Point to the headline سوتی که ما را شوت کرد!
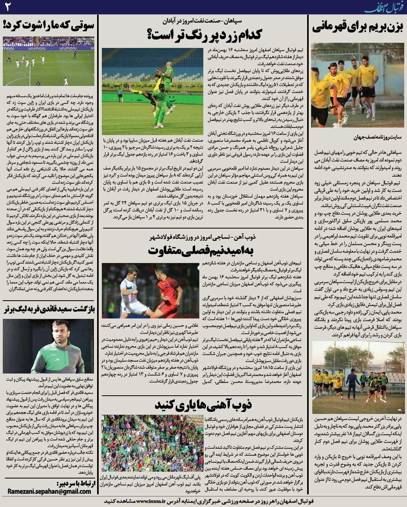[x=48, y=25]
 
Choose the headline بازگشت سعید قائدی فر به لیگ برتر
[x=48, y=309]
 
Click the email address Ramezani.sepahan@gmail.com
[x=49, y=491]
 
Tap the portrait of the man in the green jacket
[x=48, y=346]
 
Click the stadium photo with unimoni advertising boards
[x=48, y=61]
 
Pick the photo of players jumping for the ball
[x=152, y=91]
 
